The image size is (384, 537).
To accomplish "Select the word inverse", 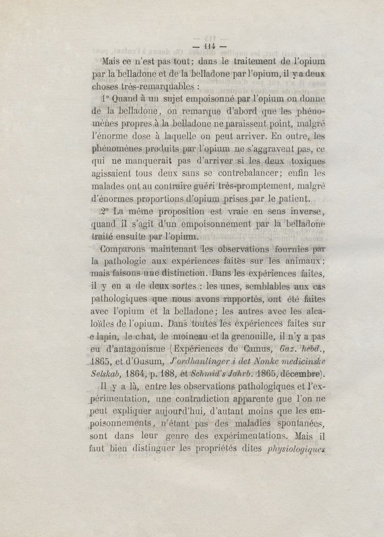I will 305,211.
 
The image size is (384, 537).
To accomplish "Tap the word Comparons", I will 123,249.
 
